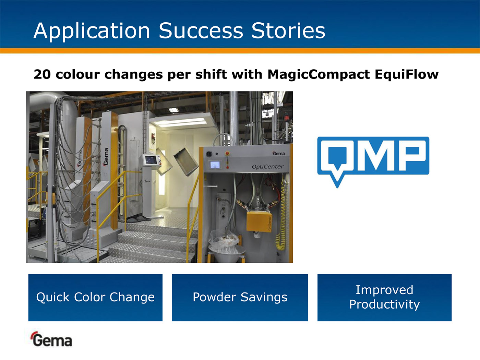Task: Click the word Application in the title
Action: (92, 31)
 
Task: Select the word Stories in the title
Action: (288, 31)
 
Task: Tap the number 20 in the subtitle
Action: (42, 74)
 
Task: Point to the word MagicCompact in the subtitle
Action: (319, 74)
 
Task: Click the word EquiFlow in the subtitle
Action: (407, 74)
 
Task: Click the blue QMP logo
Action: (373, 162)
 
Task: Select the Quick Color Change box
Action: (95, 298)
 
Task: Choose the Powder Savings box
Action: (240, 298)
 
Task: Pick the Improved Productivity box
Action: (384, 298)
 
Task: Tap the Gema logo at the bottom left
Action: (51, 339)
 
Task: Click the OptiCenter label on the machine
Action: (267, 167)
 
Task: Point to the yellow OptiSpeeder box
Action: (259, 221)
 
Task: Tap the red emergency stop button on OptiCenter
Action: (227, 154)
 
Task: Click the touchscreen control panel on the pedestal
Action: (151, 160)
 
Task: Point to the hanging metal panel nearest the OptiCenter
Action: (186, 161)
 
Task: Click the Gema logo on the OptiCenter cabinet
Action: (278, 154)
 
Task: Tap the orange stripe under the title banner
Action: (240, 51)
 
